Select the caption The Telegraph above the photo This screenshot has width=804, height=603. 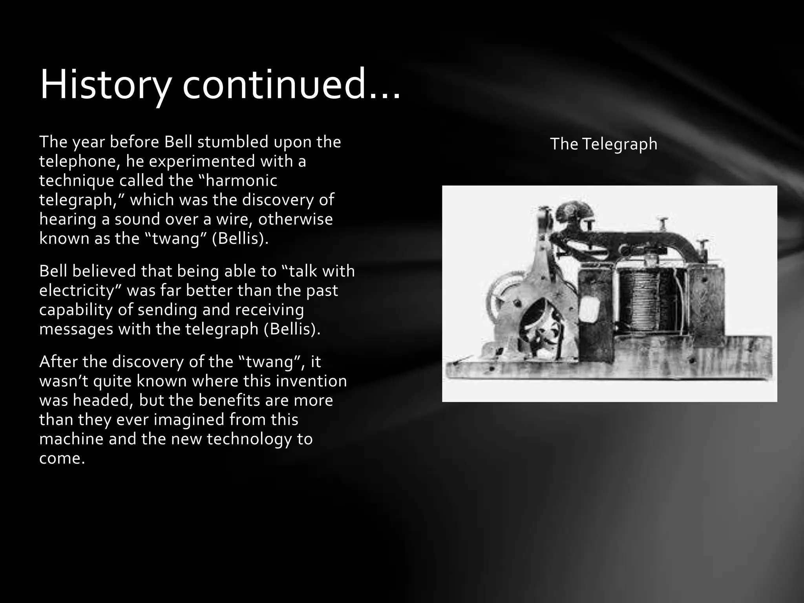click(x=603, y=144)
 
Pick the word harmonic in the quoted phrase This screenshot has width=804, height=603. click(x=241, y=181)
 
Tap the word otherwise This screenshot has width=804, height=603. click(x=295, y=219)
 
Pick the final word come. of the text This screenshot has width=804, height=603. click(x=62, y=458)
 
